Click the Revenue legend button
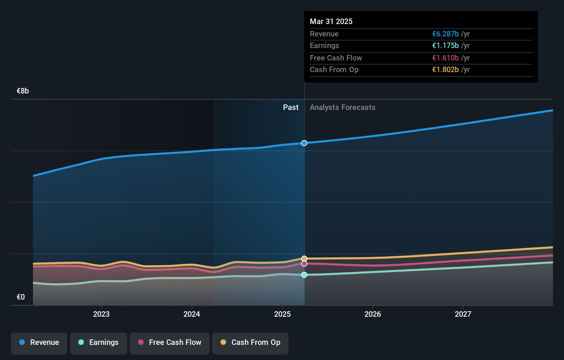pos(39,343)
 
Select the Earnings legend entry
pos(99,343)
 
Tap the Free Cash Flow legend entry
pos(170,343)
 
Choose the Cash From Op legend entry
pos(250,343)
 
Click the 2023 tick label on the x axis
pos(101,314)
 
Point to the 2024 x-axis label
pos(192,314)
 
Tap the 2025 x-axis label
pos(282,314)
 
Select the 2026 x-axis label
pos(373,314)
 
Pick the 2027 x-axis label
pos(463,314)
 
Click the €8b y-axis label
pos(23,91)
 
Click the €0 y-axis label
pos(21,297)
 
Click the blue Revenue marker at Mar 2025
pos(304,143)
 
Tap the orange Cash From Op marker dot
pos(304,259)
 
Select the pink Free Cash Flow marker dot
pos(304,264)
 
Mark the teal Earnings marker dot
pos(304,275)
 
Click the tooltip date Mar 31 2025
pos(331,21)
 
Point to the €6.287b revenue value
pos(445,34)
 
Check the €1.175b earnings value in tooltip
pos(445,46)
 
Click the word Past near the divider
pos(291,108)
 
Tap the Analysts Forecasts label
pos(342,108)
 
